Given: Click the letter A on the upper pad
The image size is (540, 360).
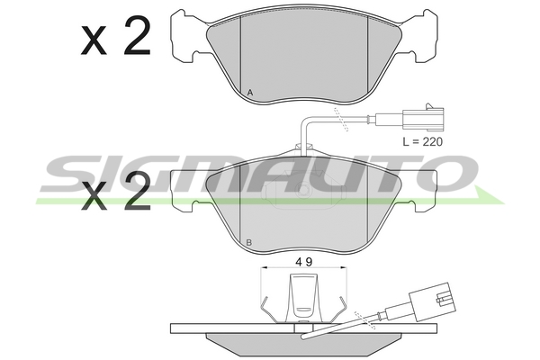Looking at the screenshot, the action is click(250, 93).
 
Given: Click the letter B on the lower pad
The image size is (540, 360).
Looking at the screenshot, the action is click(249, 242).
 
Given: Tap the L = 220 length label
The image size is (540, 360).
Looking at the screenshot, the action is click(423, 141).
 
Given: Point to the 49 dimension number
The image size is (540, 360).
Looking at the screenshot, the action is click(304, 262).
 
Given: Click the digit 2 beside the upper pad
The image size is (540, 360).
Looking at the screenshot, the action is click(138, 35).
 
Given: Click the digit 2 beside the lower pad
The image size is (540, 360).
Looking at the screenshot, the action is click(138, 191).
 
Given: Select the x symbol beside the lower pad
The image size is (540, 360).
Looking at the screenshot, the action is click(94, 196).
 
